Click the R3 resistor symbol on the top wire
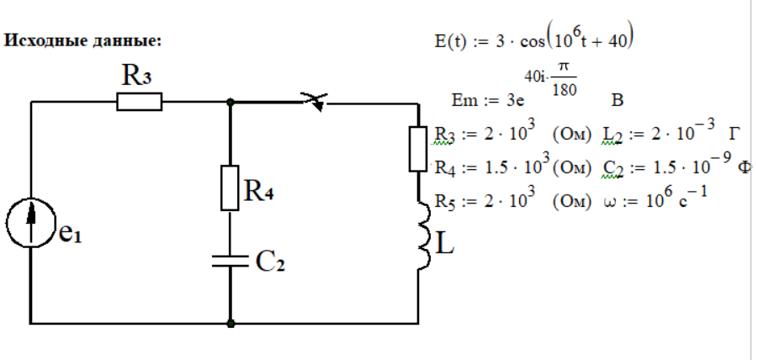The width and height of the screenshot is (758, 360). click(139, 102)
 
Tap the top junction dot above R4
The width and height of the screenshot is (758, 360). click(230, 102)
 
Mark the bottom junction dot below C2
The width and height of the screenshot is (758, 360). click(230, 322)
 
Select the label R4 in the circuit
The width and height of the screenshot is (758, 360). click(261, 193)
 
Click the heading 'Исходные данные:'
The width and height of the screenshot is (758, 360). click(83, 40)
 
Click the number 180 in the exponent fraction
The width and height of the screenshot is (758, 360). click(564, 91)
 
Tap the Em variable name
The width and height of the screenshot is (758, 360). click(464, 102)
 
